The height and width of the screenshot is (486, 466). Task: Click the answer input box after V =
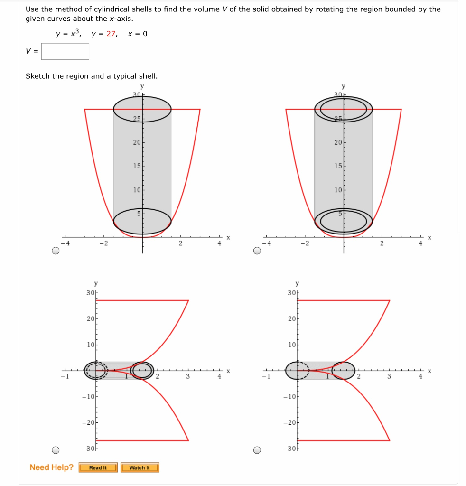[x=65, y=52]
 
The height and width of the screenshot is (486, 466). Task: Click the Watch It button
[x=140, y=468]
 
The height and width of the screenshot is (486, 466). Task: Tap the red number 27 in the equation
[x=111, y=34]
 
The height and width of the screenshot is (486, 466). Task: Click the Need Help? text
[x=51, y=467]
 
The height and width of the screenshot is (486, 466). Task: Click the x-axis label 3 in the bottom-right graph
[x=389, y=377]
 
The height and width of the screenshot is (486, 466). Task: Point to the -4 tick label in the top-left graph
[x=67, y=243]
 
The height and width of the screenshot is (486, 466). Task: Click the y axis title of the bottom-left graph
[x=96, y=284]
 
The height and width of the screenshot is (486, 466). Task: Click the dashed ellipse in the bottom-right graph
[x=297, y=371]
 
